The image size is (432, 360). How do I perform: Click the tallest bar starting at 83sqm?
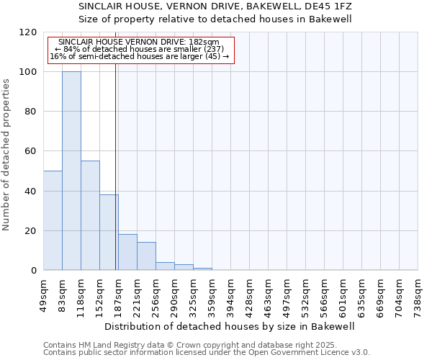(x=71, y=171)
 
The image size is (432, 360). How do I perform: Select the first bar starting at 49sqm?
(x=53, y=220)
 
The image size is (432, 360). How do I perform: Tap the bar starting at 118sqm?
(x=90, y=215)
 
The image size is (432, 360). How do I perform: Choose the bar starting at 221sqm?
(x=146, y=256)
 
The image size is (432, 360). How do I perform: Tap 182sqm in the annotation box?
(x=206, y=42)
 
